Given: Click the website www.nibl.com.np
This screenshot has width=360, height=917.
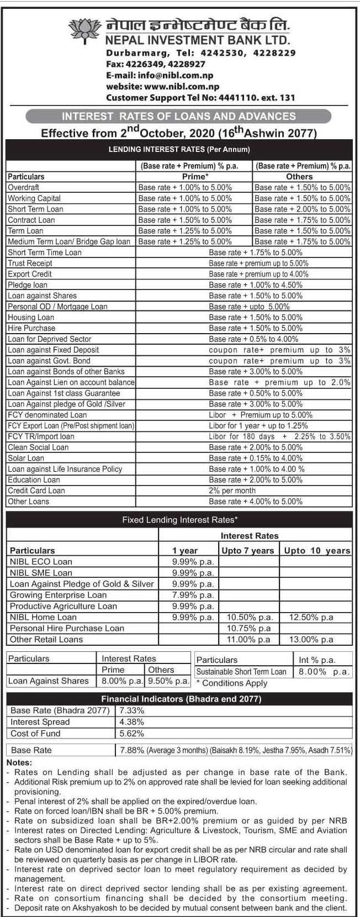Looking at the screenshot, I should click(162, 87).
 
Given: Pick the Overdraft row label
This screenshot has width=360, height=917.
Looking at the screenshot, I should click(23, 188).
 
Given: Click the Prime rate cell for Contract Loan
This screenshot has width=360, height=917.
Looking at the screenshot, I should click(185, 220).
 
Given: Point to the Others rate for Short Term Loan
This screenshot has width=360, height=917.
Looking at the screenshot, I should click(302, 209).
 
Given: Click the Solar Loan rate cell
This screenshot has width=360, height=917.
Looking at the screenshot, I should click(256, 458).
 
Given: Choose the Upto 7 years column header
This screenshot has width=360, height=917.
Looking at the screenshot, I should click(247, 551).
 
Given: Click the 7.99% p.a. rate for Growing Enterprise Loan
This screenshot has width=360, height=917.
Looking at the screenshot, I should click(193, 595).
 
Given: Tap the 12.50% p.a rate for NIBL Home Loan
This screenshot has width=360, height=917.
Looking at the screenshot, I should click(311, 617).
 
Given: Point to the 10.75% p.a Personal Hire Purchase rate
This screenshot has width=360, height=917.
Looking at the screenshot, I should click(248, 628).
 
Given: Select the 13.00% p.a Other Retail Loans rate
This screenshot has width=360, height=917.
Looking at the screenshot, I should click(311, 640).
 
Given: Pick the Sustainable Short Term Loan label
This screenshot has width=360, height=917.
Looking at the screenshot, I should click(241, 672).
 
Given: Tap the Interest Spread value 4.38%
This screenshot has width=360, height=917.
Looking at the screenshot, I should click(132, 722).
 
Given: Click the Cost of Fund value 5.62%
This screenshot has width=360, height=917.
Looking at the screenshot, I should click(132, 734).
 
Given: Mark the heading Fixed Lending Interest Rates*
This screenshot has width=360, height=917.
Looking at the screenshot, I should click(179, 520).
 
